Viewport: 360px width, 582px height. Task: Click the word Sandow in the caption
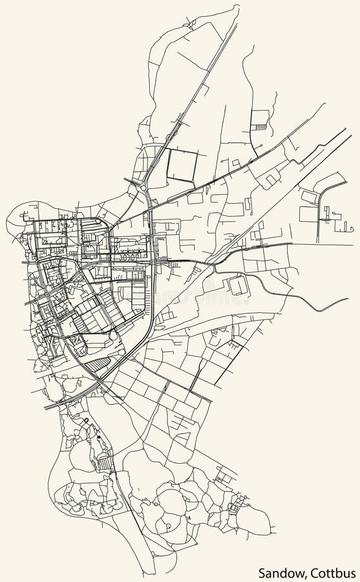tap(282, 572)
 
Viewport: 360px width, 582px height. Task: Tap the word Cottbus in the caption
tap(332, 572)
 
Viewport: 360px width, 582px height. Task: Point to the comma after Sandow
tap(307, 576)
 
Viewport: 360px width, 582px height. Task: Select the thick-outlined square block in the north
tap(182, 165)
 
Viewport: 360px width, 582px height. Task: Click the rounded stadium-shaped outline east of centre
tap(238, 285)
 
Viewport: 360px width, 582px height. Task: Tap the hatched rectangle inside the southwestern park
tap(103, 463)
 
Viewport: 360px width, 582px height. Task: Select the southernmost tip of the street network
tap(154, 573)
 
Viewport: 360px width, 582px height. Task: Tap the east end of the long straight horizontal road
tap(291, 244)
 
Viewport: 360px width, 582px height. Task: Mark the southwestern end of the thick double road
tap(45, 408)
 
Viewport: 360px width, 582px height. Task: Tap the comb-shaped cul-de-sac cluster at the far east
tap(335, 219)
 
